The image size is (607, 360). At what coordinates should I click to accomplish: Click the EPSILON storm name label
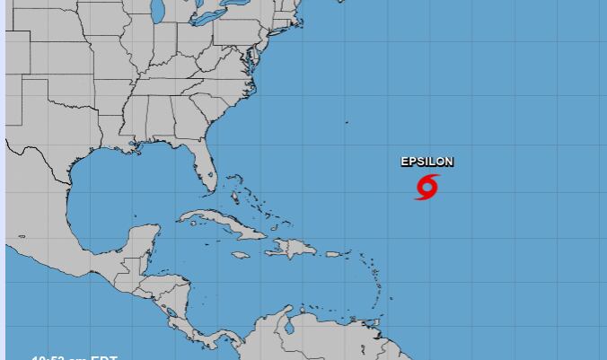pyautogui.click(x=427, y=162)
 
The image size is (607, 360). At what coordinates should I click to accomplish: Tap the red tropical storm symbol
pyautogui.click(x=427, y=187)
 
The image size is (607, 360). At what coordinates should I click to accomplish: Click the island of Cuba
pyautogui.click(x=220, y=224)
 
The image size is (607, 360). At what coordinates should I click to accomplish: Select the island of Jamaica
pyautogui.click(x=240, y=255)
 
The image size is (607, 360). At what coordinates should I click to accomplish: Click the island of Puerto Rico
pyautogui.click(x=333, y=254)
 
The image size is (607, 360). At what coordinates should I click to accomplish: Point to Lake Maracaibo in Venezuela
pyautogui.click(x=289, y=327)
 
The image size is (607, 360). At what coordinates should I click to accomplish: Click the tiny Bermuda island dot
pyautogui.click(x=347, y=122)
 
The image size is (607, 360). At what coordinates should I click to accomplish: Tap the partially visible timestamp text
pyautogui.click(x=75, y=356)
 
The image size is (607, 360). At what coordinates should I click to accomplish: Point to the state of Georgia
pyautogui.click(x=189, y=119)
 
